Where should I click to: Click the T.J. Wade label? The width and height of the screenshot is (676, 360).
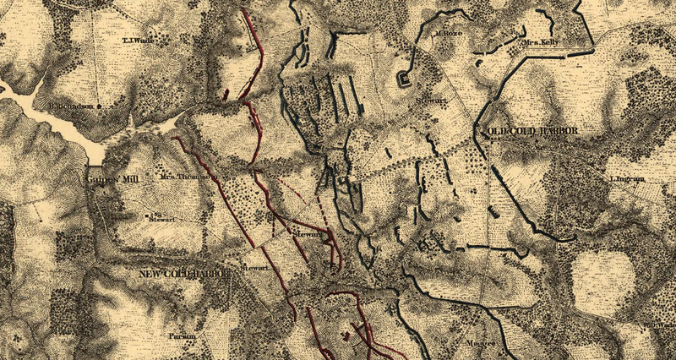pyautogui.click(x=137, y=40)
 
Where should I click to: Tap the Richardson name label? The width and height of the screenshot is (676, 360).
pyautogui.click(x=72, y=106)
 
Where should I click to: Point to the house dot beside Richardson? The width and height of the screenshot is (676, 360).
pyautogui.click(x=100, y=106)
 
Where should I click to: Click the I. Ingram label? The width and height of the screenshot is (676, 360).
pyautogui.click(x=626, y=179)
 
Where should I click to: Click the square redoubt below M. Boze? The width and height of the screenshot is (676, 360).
pyautogui.click(x=405, y=80)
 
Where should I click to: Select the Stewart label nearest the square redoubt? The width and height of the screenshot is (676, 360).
pyautogui.click(x=429, y=100)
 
